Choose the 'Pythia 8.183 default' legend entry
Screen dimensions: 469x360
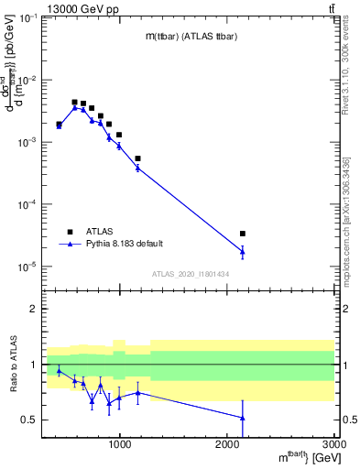coord(123,245)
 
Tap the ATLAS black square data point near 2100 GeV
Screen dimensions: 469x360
coord(243,234)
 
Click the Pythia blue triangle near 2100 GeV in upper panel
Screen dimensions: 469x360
coord(243,251)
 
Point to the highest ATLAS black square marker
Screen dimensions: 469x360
coord(75,103)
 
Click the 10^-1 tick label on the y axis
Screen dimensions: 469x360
coord(27,19)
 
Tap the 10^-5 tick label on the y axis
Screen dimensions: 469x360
coord(27,267)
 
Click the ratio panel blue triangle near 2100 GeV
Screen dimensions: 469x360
coord(243,418)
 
